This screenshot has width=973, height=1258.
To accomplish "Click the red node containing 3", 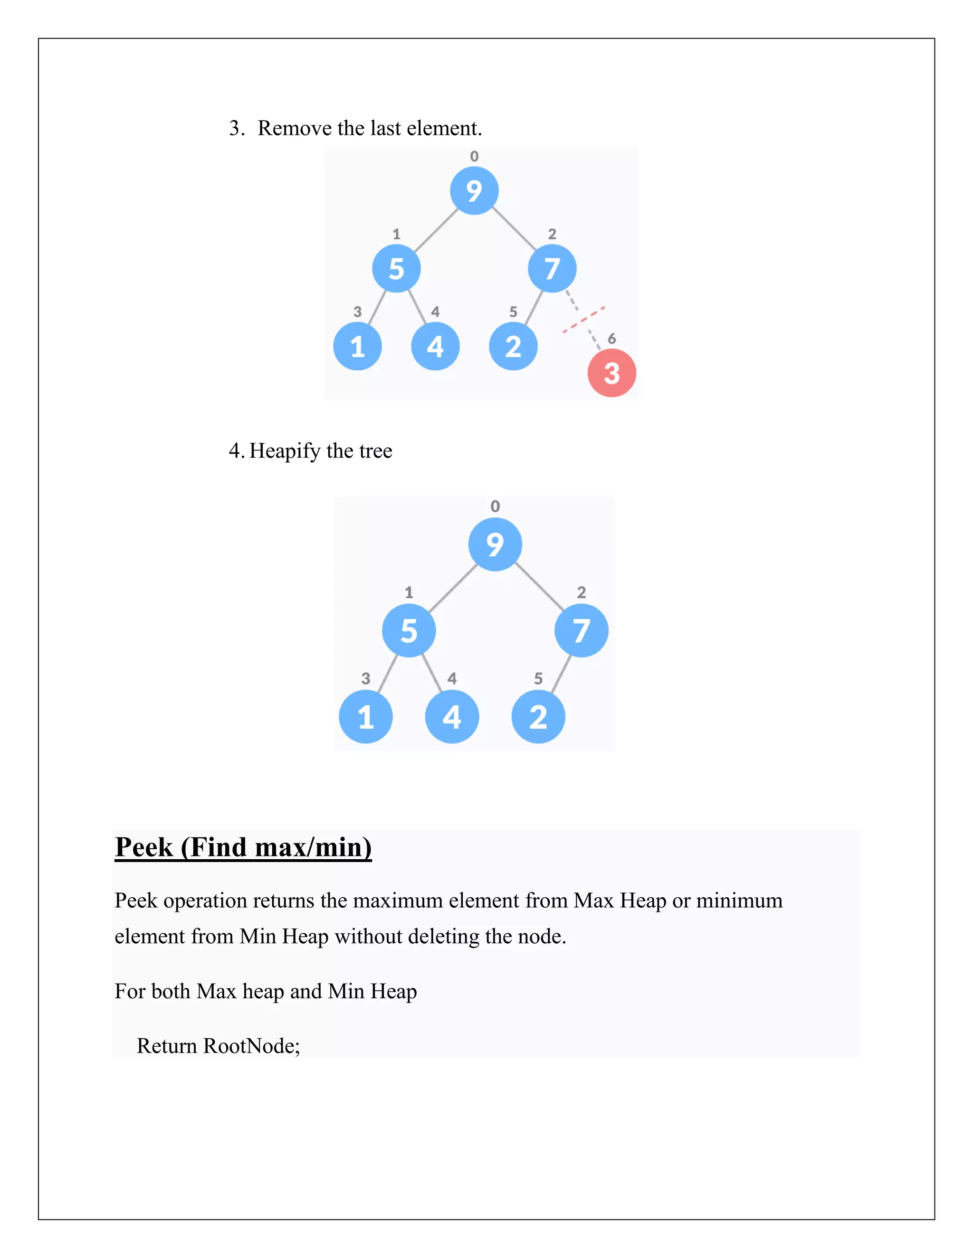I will coord(611,373).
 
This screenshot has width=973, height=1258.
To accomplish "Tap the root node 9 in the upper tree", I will coord(474,191).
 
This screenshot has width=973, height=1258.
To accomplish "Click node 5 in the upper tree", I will coord(396,268).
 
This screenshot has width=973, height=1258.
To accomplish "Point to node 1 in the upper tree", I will coord(357,346).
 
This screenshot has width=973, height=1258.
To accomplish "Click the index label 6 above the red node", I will coord(611,338).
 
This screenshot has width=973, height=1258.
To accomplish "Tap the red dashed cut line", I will coord(583,319).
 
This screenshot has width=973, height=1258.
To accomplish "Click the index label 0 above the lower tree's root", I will coord(495,507).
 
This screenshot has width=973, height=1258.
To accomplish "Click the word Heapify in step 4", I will coord(285,451).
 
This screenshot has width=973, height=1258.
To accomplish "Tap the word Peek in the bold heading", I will coord(143,847).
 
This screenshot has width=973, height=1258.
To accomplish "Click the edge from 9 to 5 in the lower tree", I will coord(454,588).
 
